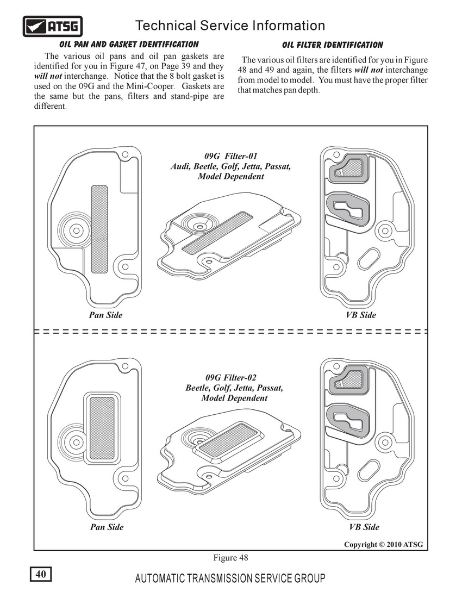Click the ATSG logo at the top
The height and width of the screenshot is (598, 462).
53,26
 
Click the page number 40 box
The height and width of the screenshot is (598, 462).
41,574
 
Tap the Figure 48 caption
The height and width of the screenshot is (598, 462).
230,558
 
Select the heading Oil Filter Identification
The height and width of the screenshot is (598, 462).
333,45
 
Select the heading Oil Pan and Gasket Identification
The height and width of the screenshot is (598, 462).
129,45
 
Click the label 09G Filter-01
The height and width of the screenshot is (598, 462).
231,156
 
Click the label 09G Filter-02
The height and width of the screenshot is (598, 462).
231,378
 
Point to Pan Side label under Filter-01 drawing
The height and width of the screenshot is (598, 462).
105,315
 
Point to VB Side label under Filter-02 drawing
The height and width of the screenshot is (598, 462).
364,527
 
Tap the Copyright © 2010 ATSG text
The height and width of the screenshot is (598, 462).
384,545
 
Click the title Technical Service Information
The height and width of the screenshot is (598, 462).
230,26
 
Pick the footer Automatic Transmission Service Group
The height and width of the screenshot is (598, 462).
230,578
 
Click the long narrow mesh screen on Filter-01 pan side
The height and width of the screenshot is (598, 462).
99,229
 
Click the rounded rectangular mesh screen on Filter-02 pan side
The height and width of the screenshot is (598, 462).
102,428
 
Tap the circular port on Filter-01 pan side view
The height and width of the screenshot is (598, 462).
76,231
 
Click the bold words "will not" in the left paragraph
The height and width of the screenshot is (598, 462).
48,76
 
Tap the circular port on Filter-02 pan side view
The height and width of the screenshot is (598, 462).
76,443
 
